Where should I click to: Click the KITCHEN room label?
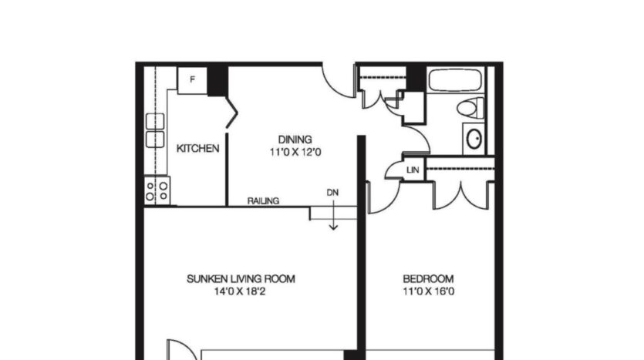tap(198, 148)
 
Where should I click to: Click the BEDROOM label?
tap(428, 279)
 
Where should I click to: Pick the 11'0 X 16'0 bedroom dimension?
tap(428, 291)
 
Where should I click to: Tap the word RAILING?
tap(263, 201)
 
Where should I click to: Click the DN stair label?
tap(332, 193)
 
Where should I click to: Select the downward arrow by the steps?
tap(333, 220)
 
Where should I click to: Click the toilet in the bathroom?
tap(470, 108)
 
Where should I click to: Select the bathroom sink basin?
tap(474, 139)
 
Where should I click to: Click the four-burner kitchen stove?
tap(158, 190)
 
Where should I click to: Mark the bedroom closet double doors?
tap(460, 193)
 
